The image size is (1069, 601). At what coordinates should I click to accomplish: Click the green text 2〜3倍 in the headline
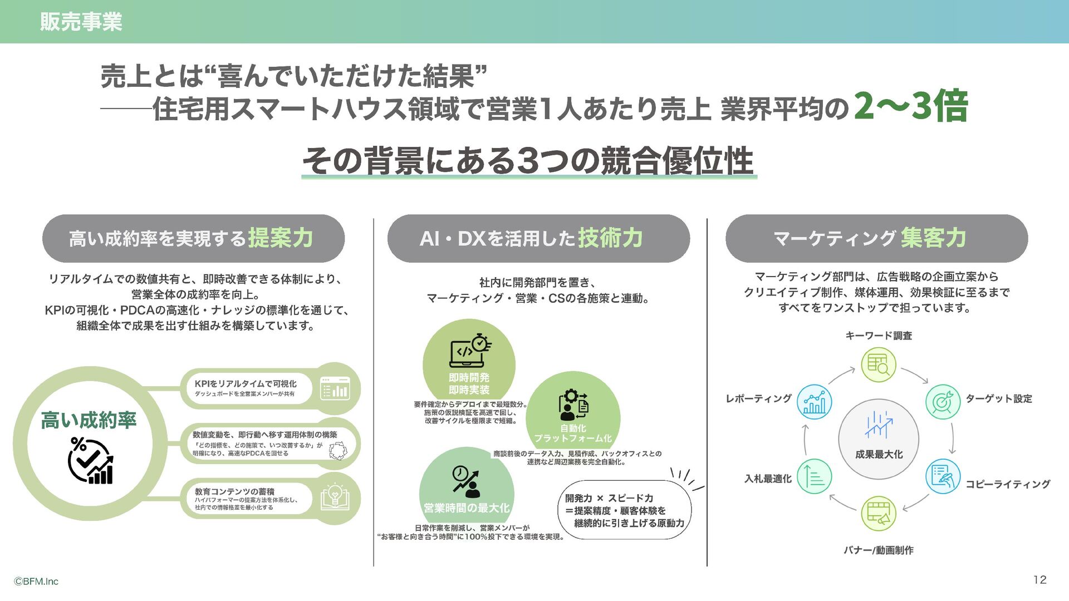[x=911, y=106]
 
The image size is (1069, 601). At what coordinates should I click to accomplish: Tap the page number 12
[x=1039, y=580]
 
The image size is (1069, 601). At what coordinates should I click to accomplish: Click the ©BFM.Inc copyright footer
[x=36, y=582]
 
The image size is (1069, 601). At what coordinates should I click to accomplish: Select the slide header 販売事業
[x=81, y=22]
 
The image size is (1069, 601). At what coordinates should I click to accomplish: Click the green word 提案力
[x=280, y=238]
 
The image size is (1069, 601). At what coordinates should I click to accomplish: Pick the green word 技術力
[x=610, y=238]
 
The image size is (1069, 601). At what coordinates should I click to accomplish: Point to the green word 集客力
[x=934, y=238]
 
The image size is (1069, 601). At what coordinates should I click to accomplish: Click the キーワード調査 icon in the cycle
[x=878, y=364]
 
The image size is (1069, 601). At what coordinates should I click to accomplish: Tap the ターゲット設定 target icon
[x=943, y=402]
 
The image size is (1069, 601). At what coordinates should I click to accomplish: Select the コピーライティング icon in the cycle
[x=943, y=476]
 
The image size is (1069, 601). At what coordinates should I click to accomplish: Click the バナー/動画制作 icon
[x=878, y=513]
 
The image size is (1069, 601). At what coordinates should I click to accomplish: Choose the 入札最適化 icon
[x=814, y=476]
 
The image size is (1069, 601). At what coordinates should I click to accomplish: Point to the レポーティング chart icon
[x=814, y=401]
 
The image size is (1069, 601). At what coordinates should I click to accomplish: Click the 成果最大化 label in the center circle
[x=879, y=455]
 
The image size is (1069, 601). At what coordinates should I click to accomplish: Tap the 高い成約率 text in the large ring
[x=89, y=421]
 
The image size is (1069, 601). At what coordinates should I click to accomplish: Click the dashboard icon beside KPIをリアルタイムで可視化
[x=335, y=388]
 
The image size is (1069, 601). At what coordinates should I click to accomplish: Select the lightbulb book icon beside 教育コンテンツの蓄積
[x=335, y=497]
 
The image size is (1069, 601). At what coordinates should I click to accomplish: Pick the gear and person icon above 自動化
[x=573, y=405]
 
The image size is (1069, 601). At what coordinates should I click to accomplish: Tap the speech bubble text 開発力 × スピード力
[x=609, y=498]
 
